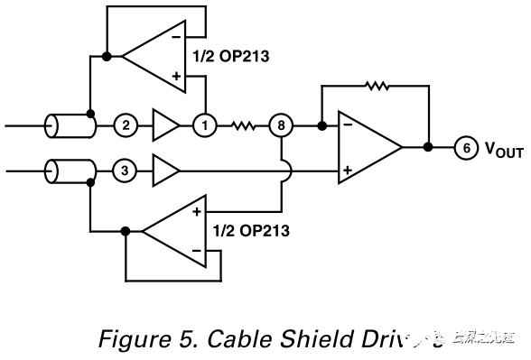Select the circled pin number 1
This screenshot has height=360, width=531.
[207, 125]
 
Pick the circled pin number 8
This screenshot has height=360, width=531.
[282, 125]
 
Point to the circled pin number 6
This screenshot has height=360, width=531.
[464, 147]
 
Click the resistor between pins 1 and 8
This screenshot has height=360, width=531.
[245, 125]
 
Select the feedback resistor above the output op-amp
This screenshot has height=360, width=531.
[374, 88]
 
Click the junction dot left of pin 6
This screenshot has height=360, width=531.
[428, 147]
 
